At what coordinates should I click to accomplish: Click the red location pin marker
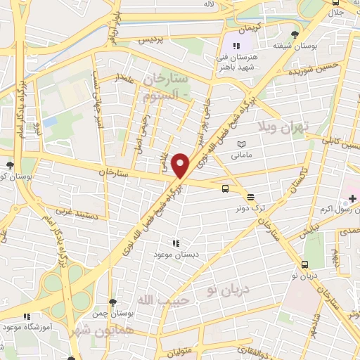[181, 166]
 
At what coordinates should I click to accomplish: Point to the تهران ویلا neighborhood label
[299, 128]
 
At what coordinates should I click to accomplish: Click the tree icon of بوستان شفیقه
[294, 34]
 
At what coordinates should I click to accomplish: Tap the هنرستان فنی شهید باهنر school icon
[236, 45]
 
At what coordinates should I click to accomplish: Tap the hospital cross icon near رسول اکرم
[352, 200]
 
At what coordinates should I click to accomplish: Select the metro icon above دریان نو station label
[304, 264]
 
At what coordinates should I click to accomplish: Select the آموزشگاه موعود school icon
[27, 317]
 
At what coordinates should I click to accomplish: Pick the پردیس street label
[153, 41]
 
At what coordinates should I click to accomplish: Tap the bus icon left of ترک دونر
[225, 188]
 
